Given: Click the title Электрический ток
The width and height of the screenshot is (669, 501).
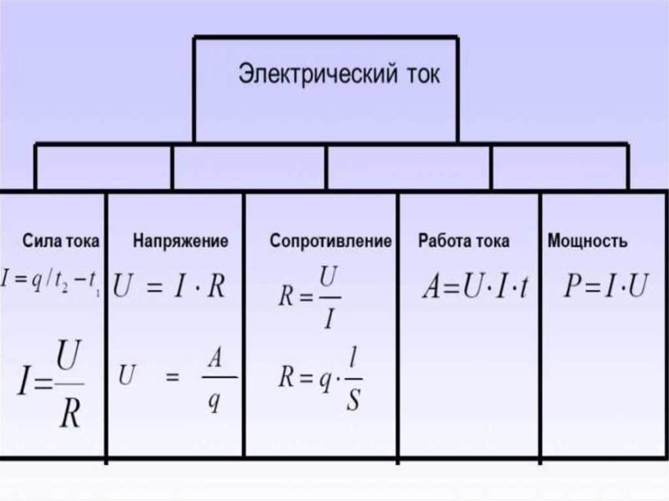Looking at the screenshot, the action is tap(338, 74).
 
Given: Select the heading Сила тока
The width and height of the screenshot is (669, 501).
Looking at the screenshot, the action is tap(61, 241).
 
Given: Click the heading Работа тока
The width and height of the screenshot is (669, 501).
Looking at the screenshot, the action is tap(464, 241).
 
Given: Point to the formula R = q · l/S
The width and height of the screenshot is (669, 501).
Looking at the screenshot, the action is tap(319, 379).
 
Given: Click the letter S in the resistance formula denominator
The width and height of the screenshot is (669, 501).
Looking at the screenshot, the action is tap(353, 399).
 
